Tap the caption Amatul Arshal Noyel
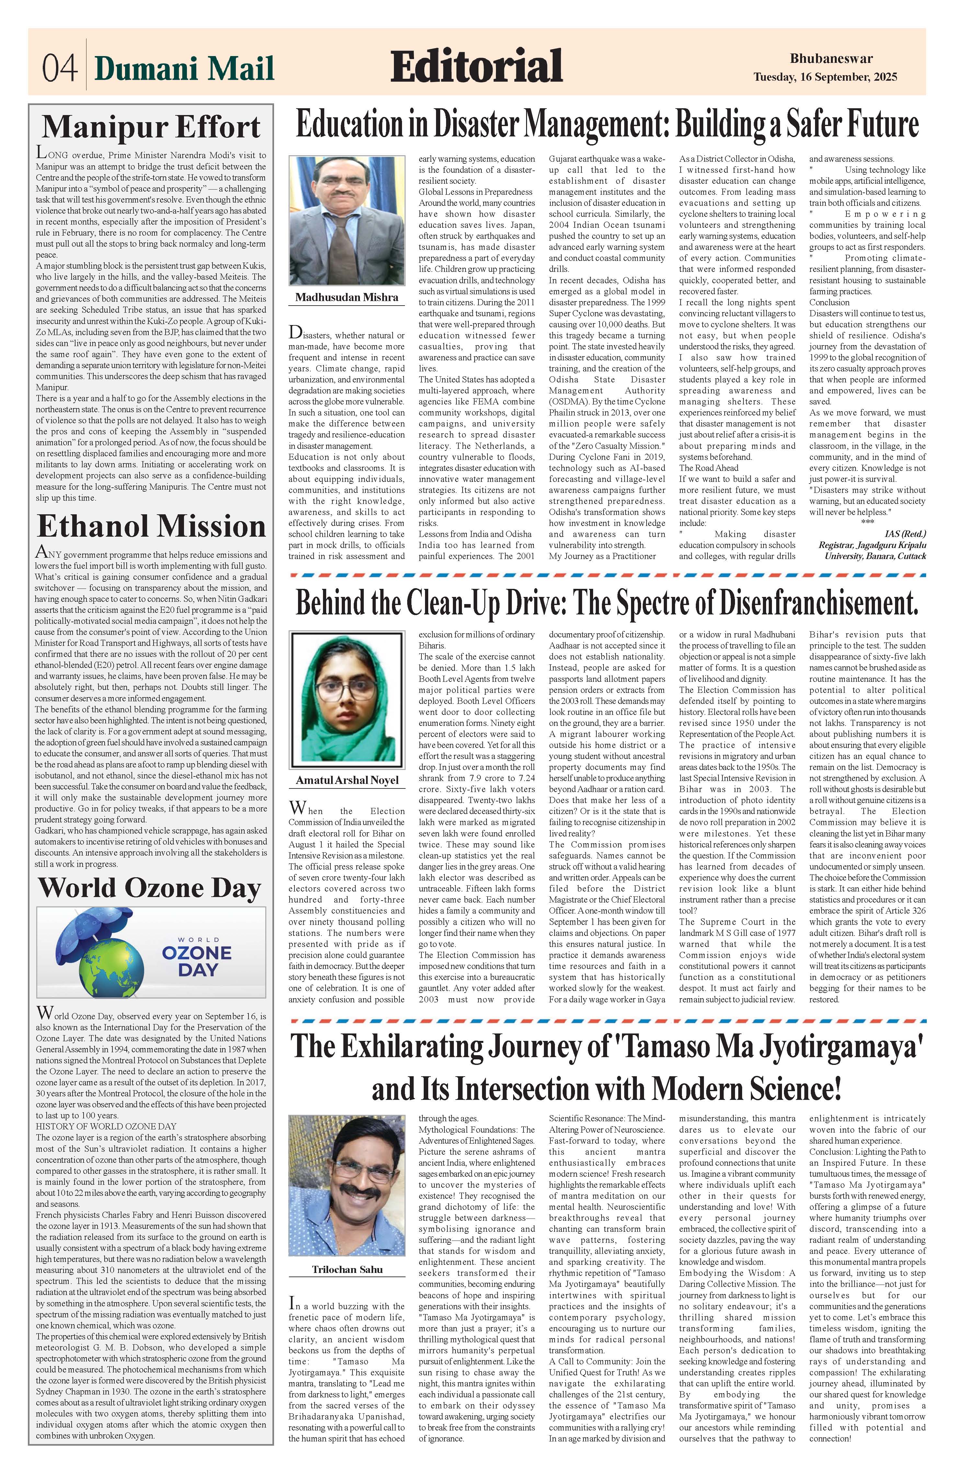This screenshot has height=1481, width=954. point(347,780)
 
